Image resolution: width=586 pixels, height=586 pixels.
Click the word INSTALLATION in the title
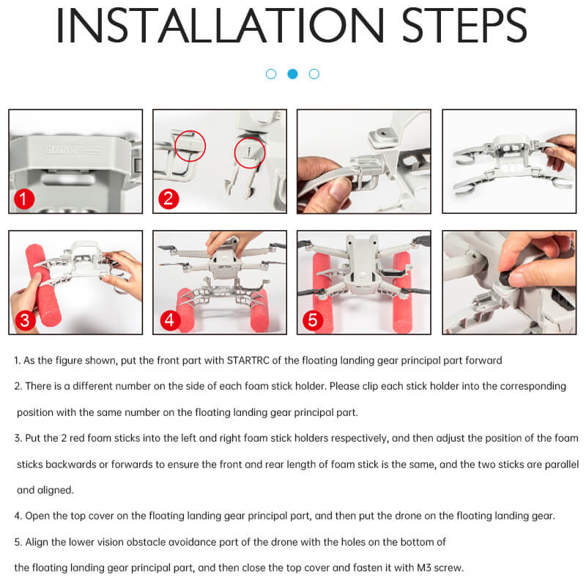coord(220,25)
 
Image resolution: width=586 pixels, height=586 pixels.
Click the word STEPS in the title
coord(464,25)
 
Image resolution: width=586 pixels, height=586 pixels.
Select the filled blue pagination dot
coord(292,74)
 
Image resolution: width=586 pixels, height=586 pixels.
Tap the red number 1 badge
coord(24,199)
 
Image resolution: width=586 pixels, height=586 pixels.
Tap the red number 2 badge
coord(168,199)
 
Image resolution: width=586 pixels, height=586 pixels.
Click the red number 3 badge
coord(25,321)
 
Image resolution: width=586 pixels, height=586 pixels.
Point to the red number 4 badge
coord(170,320)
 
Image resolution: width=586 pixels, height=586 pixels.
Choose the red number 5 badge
coord(313,320)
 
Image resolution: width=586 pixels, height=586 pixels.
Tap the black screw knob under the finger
coord(509,278)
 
